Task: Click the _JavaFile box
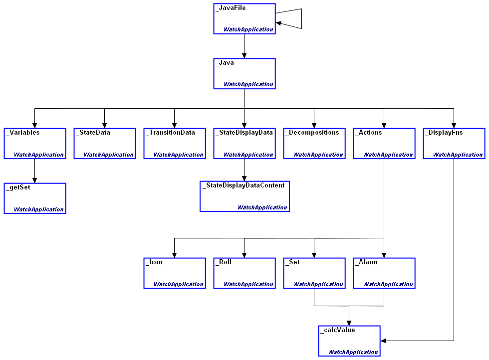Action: click(244, 18)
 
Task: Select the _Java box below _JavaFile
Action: click(244, 73)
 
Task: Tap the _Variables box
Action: click(34, 144)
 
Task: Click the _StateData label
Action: click(93, 133)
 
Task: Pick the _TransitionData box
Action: click(174, 144)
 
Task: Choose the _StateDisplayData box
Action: click(244, 144)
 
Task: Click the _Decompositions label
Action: click(312, 133)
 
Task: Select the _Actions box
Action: click(384, 144)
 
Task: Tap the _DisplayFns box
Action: click(454, 144)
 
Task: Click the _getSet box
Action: click(34, 198)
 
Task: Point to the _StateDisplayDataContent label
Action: click(244, 185)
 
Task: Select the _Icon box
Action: click(174, 273)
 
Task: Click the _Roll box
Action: click(244, 273)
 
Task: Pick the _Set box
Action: click(314, 273)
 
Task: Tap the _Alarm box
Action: click(384, 273)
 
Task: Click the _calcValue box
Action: click(349, 341)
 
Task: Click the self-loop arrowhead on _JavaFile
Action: click(278, 23)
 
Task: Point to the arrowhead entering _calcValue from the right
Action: click(383, 341)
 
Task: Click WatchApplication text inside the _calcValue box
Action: click(353, 352)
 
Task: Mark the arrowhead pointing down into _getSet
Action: click(34, 180)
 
